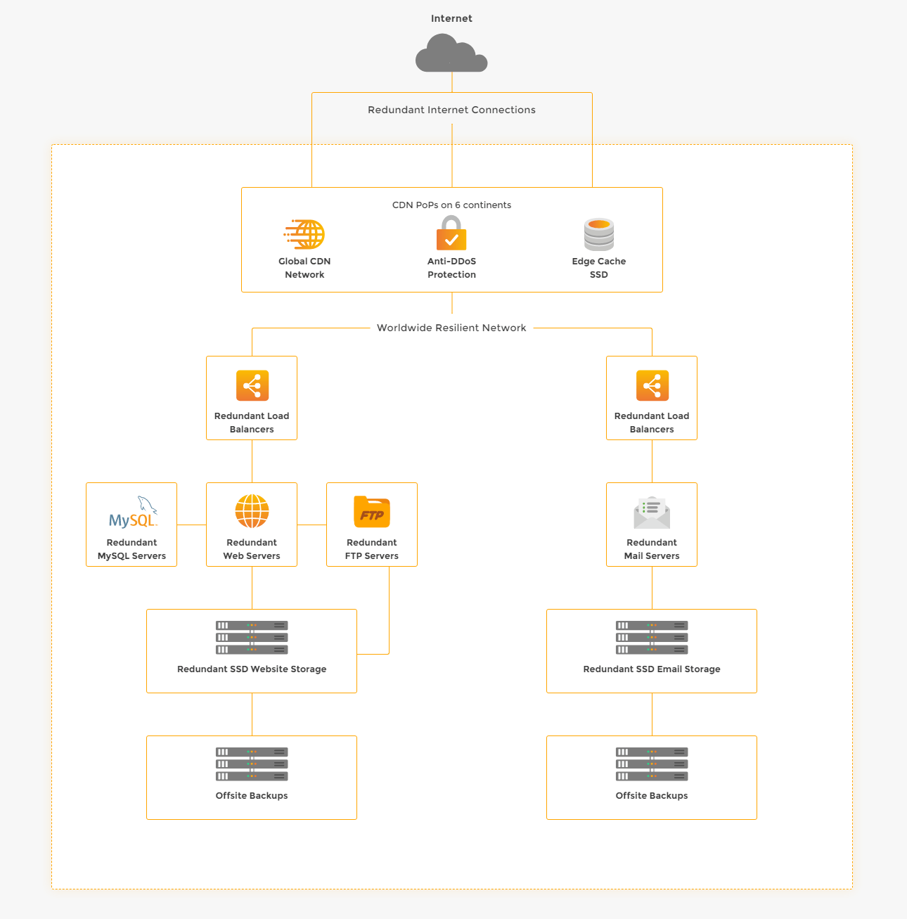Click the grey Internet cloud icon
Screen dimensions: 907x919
click(x=451, y=53)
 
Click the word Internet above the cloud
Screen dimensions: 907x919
click(x=451, y=18)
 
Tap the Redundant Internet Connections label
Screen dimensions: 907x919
click(x=451, y=110)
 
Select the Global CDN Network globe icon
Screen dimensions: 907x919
click(x=304, y=234)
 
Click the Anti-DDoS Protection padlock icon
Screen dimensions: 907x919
click(x=451, y=233)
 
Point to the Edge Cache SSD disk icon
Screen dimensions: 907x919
click(x=599, y=234)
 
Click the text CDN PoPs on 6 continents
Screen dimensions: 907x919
click(x=451, y=205)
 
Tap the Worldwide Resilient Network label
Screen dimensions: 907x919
click(x=451, y=328)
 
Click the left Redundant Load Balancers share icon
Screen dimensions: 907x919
click(x=252, y=385)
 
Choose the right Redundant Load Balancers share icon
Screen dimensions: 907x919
click(x=652, y=385)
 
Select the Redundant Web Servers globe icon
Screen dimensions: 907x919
click(x=252, y=511)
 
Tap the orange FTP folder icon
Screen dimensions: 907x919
click(x=372, y=512)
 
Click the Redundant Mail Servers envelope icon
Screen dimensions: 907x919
click(x=652, y=512)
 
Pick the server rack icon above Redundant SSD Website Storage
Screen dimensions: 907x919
click(x=252, y=638)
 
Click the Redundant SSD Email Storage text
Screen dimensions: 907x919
click(x=652, y=669)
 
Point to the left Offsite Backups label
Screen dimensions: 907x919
click(x=252, y=795)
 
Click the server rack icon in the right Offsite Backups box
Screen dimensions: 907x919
click(x=652, y=764)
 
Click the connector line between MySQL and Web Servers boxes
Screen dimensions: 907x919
click(x=191, y=525)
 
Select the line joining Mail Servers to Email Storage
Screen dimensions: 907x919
click(x=652, y=588)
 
